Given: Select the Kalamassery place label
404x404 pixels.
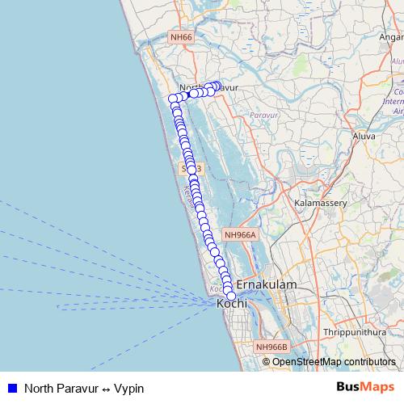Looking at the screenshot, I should coord(322,203).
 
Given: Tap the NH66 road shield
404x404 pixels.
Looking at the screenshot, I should coord(181,37).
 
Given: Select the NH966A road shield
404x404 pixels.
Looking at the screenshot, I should coord(240,235).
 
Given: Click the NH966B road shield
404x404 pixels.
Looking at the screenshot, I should coord(271,347).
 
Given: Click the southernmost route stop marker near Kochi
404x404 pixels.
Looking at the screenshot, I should coord(231,296).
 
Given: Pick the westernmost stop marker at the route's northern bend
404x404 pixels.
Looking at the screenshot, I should coord(173,99).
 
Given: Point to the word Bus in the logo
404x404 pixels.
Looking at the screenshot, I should coord(349,387).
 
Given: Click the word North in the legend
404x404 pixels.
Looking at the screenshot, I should coord(38,388).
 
